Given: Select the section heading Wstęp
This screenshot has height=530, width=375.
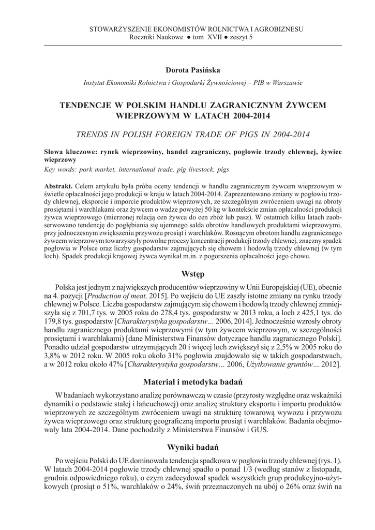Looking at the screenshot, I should pos(193,273).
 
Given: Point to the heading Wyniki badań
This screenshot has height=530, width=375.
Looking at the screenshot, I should pos(193,447).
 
